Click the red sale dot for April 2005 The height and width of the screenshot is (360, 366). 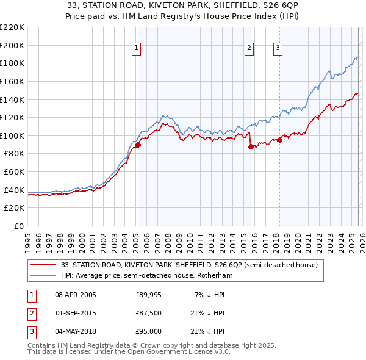tap(138, 145)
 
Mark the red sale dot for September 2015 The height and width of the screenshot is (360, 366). tap(251, 146)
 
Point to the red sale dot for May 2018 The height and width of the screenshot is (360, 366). tap(279, 140)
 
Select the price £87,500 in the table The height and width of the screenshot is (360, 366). tap(149, 314)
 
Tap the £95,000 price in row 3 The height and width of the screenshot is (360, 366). tap(149, 332)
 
